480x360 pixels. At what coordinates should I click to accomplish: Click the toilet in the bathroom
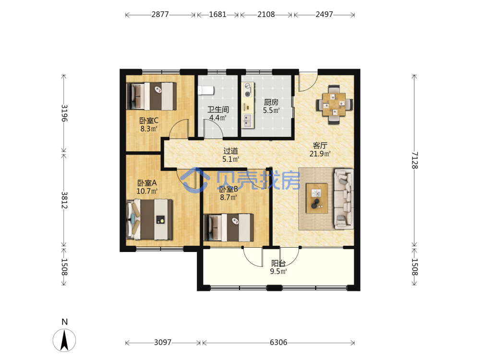[206, 91]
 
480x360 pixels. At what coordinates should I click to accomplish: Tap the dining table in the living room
[334, 104]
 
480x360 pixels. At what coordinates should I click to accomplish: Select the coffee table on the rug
[317, 198]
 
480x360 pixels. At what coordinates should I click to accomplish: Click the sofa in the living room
[344, 199]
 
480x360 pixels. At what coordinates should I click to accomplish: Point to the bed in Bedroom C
[152, 96]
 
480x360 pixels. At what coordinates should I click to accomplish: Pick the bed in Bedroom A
[149, 219]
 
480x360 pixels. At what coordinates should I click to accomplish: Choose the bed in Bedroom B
[228, 228]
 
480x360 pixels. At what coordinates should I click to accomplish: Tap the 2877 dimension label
[160, 14]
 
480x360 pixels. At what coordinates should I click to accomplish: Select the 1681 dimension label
[217, 14]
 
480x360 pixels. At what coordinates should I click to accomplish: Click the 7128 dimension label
[415, 160]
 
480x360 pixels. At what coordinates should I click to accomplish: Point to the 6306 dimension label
[278, 342]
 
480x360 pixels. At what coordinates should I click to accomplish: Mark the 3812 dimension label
[64, 200]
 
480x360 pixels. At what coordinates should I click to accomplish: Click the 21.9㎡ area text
[320, 154]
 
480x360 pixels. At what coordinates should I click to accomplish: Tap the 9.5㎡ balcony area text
[278, 271]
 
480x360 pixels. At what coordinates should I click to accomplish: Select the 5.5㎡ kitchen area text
[271, 110]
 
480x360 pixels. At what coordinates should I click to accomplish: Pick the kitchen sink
[248, 120]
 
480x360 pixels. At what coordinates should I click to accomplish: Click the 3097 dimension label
[163, 342]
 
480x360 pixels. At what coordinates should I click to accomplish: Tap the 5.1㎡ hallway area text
[231, 159]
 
